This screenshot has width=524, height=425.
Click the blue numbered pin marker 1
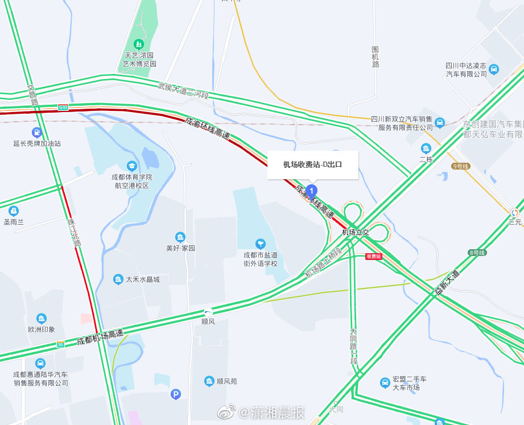312,191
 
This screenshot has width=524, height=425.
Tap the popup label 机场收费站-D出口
313,165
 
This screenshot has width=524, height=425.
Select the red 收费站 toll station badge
373,257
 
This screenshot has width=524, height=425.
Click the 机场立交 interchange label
356,232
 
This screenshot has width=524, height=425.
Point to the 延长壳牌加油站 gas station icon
37,133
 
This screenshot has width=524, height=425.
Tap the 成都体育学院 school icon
132,166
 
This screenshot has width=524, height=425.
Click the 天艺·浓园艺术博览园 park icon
138,44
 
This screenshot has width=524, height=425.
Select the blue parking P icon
176,394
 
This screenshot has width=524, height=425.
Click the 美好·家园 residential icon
180,237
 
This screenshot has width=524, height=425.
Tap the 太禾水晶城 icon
118,279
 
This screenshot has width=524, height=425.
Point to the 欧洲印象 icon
41,319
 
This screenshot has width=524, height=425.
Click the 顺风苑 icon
209,381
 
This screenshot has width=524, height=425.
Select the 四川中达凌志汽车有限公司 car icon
494,69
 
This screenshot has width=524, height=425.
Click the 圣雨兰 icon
14,211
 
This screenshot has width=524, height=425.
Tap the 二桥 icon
426,148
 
